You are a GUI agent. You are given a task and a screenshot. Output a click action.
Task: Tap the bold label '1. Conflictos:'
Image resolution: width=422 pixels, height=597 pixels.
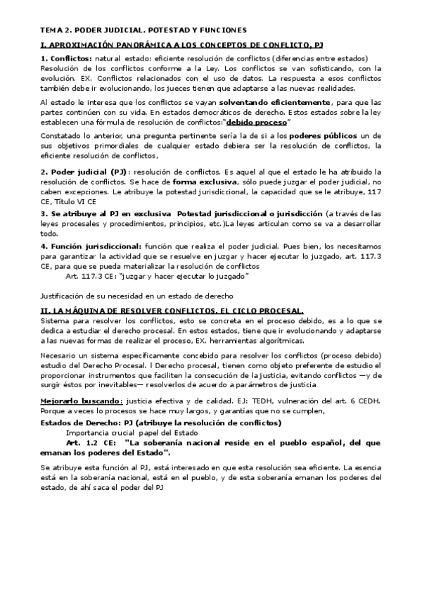66,58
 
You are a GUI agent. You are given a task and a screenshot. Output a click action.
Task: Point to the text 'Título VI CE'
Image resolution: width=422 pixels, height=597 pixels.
77,201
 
